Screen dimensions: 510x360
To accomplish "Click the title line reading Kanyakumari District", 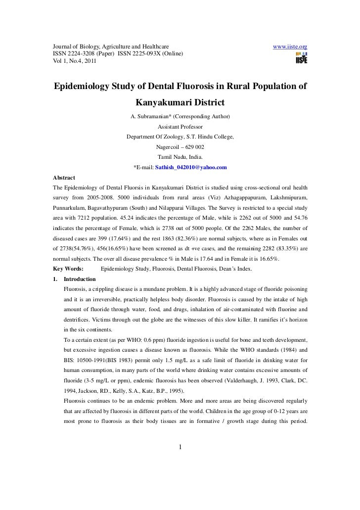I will pyautogui.click(x=180, y=104).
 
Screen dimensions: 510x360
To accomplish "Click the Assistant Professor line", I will pyautogui.click(x=180, y=127).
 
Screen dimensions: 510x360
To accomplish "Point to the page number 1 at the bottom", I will pyautogui.click(x=180, y=448).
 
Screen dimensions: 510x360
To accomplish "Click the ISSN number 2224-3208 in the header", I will pyautogui.click(x=83, y=53).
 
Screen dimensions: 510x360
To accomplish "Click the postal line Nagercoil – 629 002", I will pyautogui.click(x=180, y=147).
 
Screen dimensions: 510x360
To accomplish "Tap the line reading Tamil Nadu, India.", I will pyautogui.click(x=180, y=157).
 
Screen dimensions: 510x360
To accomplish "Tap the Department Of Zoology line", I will pyautogui.click(x=180, y=137).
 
